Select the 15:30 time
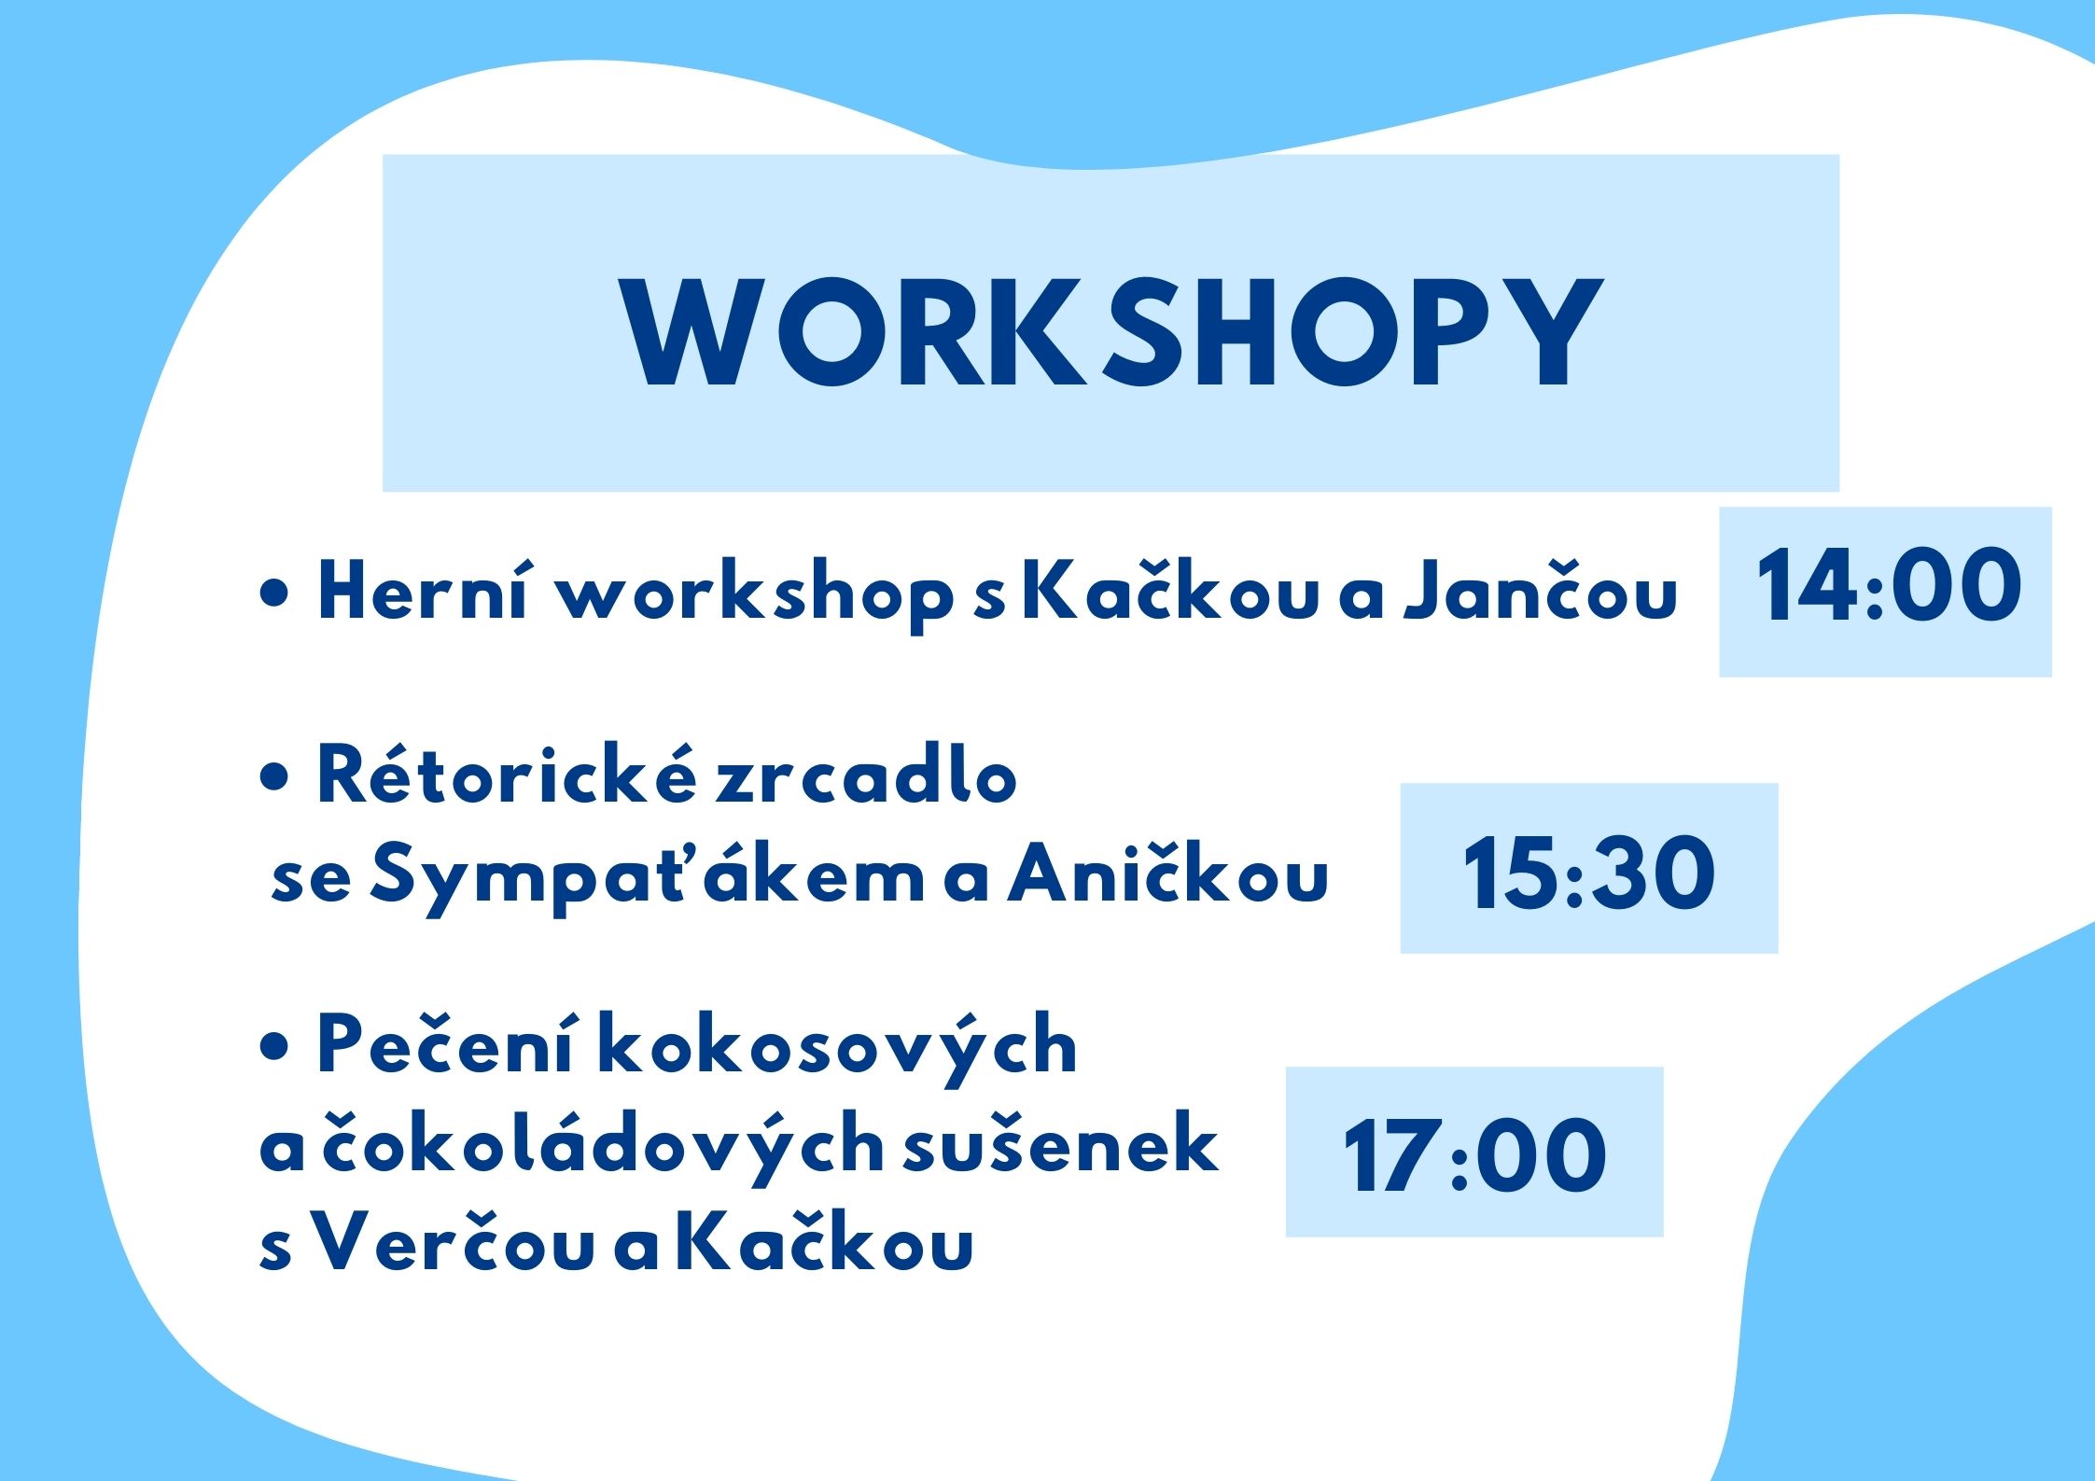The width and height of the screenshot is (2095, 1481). [x=1588, y=873]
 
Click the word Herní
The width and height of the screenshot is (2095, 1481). [x=423, y=590]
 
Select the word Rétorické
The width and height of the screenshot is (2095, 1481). [x=507, y=773]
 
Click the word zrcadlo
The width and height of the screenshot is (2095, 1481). [x=866, y=773]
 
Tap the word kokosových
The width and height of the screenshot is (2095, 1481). [x=837, y=1049]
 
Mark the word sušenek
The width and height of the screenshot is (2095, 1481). [x=1061, y=1142]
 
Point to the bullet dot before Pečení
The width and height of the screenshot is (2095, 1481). [x=275, y=1050]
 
